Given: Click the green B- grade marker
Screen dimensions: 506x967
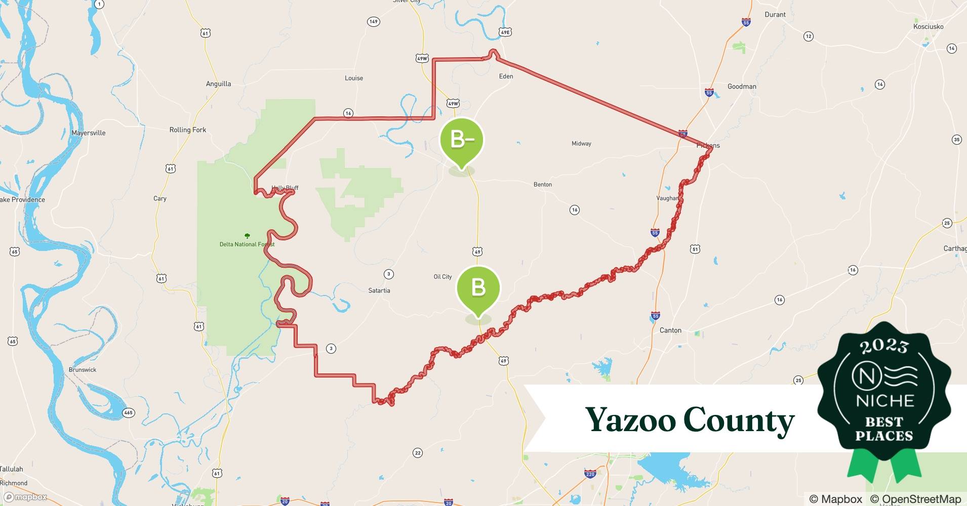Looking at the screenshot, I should pos(461,139).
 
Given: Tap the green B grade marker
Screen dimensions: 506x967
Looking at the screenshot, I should pos(478,287).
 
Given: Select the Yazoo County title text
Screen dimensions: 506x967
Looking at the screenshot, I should pos(690,420).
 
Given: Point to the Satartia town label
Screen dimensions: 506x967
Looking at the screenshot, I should pos(379,290).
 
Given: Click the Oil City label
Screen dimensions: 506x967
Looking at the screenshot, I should pos(442,277).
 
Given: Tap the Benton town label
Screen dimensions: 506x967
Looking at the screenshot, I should pos(543,185).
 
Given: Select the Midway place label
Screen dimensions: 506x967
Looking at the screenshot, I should pos(581,144).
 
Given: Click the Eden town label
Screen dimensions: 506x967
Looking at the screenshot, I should pos(506,76).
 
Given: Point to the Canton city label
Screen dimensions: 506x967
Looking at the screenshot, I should pos(670,330).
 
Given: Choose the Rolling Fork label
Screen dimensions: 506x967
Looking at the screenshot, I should pos(188,130).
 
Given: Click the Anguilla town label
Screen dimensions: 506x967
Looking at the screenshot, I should pos(218,84).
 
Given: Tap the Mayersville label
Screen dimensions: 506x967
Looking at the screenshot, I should pos(89,133).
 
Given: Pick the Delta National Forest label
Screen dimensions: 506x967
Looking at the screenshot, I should pos(247,244).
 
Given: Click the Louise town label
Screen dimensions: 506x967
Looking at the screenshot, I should pos(354,78).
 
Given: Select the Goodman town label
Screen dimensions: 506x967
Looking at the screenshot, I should pos(742,87).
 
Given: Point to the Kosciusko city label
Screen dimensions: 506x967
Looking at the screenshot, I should pos(928,27).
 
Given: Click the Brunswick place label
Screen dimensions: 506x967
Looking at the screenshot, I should pos(83,370).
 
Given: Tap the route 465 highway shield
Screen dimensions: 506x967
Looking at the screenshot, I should pos(129,413).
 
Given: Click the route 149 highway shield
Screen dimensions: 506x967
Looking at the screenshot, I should pos(373,22).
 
